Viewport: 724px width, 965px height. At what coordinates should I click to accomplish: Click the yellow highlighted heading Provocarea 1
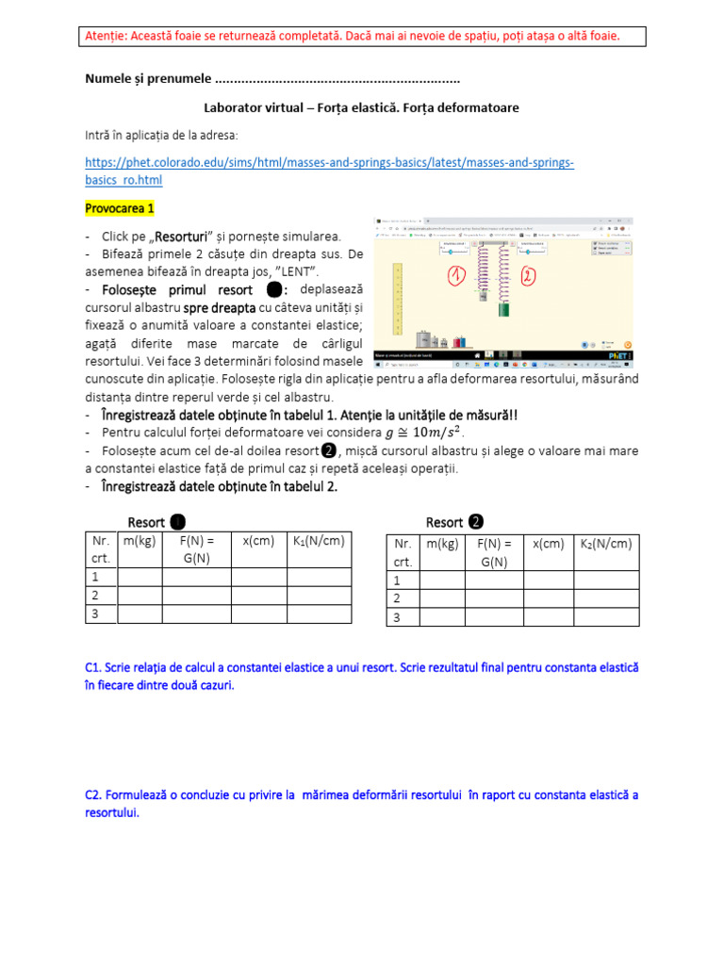[120, 207]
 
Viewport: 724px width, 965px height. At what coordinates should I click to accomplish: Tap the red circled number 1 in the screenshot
[457, 276]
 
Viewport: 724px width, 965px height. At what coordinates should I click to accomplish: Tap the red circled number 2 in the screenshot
[529, 276]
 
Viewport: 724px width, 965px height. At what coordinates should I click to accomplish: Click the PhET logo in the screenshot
[620, 355]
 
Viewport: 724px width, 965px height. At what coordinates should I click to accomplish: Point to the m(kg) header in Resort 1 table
[140, 541]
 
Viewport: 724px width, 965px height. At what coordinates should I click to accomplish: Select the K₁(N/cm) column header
[319, 541]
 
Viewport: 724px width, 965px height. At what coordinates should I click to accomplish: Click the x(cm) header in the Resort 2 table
[548, 545]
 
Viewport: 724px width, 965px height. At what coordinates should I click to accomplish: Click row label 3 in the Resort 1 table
[94, 613]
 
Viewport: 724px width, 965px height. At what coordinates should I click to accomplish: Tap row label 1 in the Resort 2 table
[397, 581]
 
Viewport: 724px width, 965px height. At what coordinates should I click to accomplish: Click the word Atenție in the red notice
[104, 36]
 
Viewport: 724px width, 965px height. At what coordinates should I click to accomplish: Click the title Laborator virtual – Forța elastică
[361, 108]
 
